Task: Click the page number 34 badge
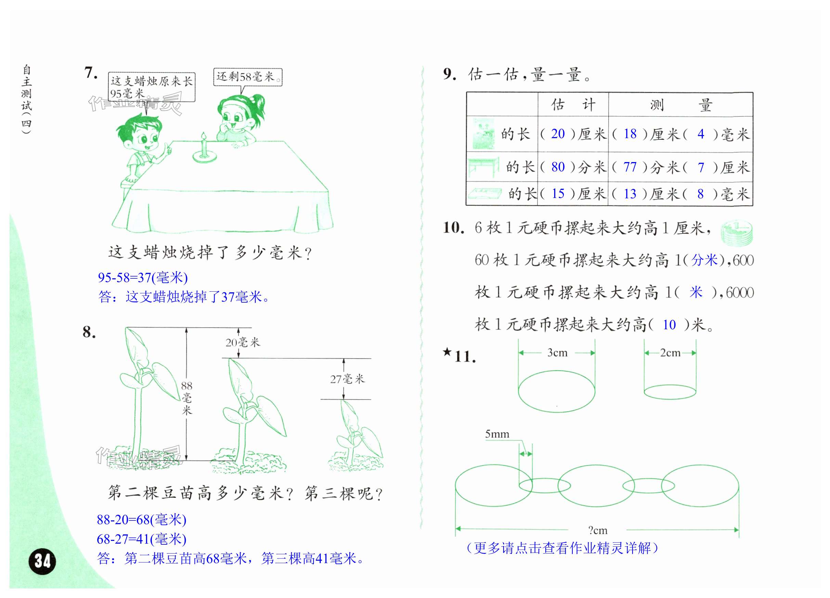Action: click(42, 561)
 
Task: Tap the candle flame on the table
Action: click(204, 136)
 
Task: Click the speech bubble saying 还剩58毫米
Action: click(248, 77)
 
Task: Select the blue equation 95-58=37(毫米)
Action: click(143, 278)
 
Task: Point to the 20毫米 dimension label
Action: click(242, 342)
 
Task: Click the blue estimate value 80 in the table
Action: click(558, 167)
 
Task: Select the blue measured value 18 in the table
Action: click(630, 134)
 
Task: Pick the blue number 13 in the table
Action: click(630, 194)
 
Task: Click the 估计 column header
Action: click(573, 105)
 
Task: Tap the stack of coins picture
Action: click(737, 232)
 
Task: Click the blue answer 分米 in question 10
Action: click(704, 260)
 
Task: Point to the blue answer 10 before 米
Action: click(669, 325)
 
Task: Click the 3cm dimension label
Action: click(557, 353)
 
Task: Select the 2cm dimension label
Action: click(670, 353)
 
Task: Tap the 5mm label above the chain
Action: click(497, 434)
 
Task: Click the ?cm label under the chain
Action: click(598, 530)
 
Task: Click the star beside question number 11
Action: click(447, 352)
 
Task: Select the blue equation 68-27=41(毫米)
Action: click(142, 539)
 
